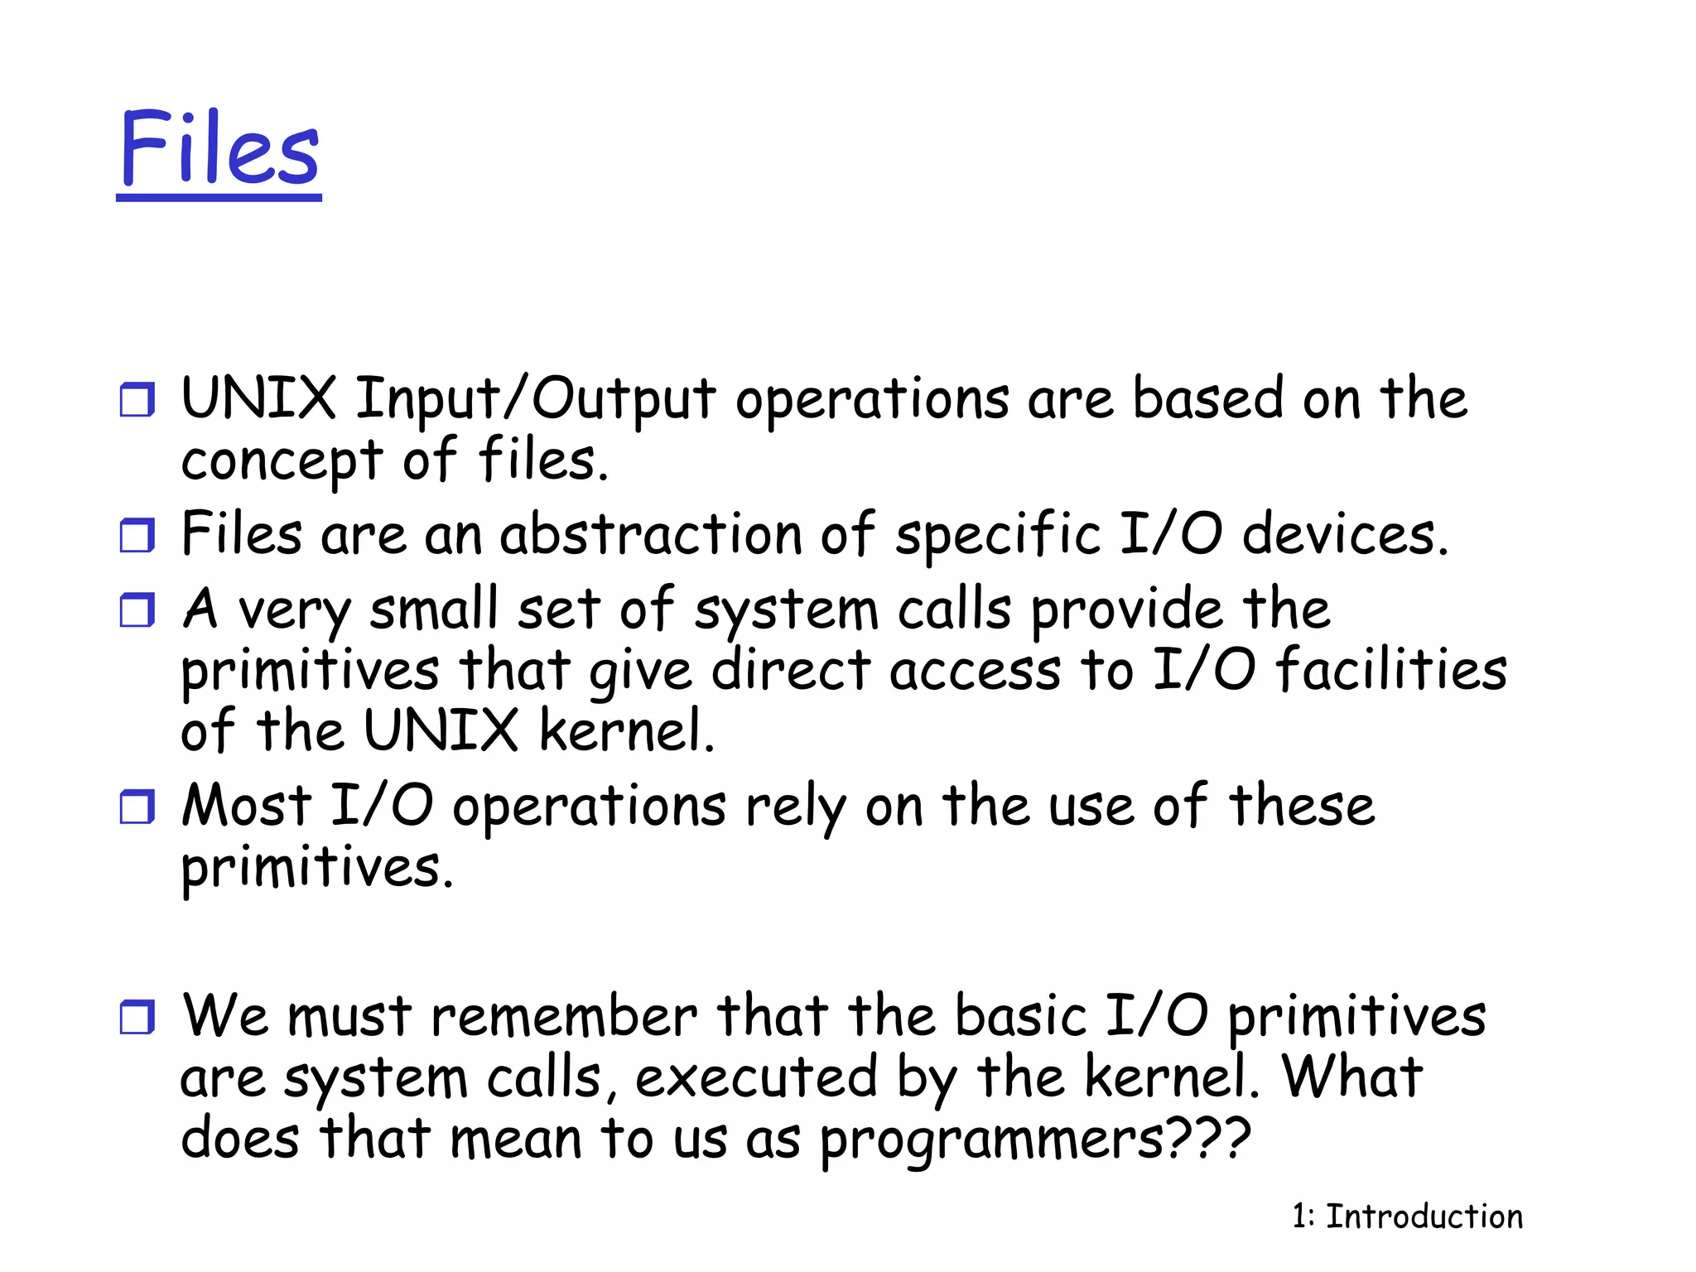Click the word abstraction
tap(651, 534)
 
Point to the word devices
tap(1345, 534)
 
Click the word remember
tap(564, 1016)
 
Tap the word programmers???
tap(1035, 1141)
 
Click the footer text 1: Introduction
tap(1407, 1217)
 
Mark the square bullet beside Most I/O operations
tap(137, 807)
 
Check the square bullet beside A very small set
tap(137, 610)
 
